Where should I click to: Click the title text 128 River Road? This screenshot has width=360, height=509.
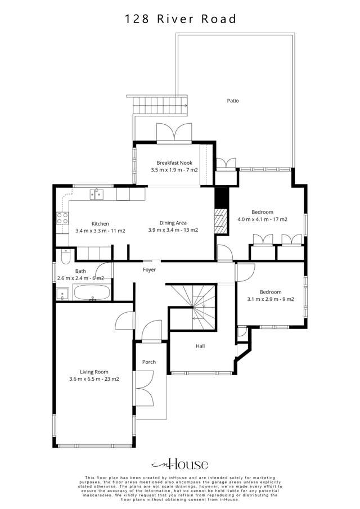[x=180, y=19]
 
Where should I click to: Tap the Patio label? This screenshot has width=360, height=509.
[x=233, y=101]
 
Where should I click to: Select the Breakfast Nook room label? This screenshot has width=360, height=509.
[x=174, y=163]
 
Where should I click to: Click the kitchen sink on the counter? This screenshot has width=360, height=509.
[x=97, y=195]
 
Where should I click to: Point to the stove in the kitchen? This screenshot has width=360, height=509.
[x=62, y=218]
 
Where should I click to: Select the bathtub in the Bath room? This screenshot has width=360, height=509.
[x=92, y=292]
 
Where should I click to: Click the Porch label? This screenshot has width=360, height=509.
[x=148, y=362]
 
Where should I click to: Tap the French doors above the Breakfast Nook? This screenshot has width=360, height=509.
[x=174, y=133]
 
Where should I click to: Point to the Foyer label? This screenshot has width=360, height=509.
[x=149, y=270]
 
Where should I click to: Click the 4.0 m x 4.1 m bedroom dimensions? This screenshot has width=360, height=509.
[x=263, y=219]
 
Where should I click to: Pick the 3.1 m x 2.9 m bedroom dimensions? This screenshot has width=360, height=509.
[x=270, y=299]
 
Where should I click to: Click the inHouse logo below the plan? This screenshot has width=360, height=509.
[x=180, y=464]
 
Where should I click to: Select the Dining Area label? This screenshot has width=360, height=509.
[x=173, y=223]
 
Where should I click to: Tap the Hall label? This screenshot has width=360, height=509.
[x=200, y=346]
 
